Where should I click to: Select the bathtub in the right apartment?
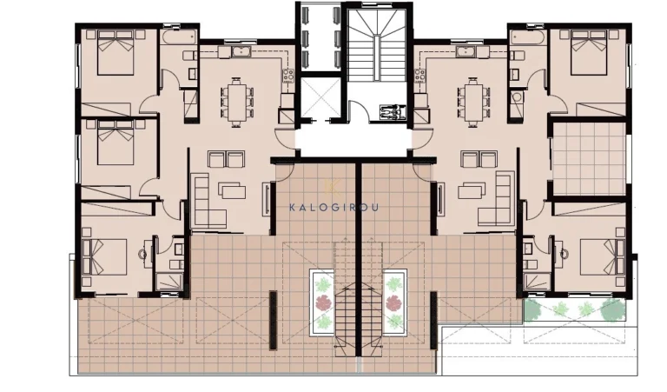coord(527,38)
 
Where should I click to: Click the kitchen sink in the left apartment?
coord(239,53)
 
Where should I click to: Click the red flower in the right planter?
coord(396,302)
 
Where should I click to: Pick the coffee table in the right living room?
coord(474,189)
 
